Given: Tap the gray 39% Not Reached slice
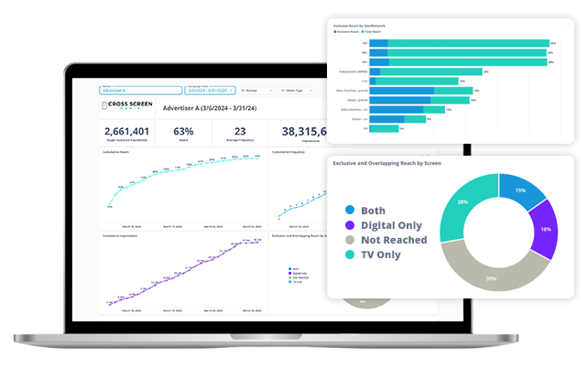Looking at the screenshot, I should pos(490,273).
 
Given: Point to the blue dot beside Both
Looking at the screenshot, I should pos(350,210).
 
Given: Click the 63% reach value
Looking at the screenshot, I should pos(183,130).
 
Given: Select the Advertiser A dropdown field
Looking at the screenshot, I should pos(140,91).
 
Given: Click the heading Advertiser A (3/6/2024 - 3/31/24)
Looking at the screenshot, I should pos(210,108).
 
